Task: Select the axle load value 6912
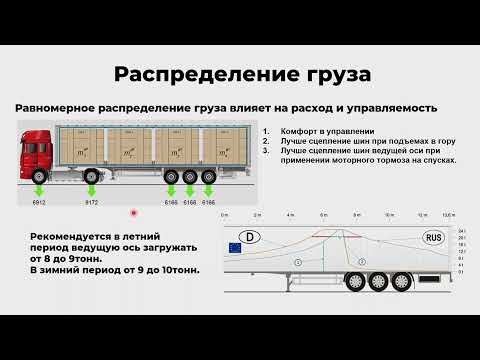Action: tap(39, 203)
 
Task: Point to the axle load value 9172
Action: tap(91, 203)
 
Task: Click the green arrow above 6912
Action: tap(39, 189)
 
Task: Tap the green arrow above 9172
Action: tap(91, 189)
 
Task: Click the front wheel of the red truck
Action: tap(39, 176)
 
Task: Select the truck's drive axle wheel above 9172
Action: tap(91, 176)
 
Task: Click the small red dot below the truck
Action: tap(133, 212)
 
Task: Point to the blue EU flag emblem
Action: tap(236, 247)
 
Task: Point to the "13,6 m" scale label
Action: tap(449, 215)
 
